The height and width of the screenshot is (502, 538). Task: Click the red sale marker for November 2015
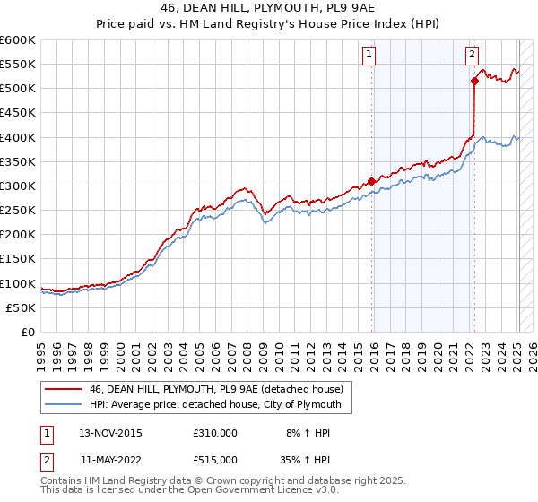coord(372,181)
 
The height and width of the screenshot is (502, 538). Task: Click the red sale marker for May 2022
coord(474,81)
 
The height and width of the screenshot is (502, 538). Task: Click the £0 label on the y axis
coord(29,332)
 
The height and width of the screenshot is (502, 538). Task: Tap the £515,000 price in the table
coord(215,459)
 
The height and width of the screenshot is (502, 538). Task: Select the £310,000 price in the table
coord(215,432)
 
